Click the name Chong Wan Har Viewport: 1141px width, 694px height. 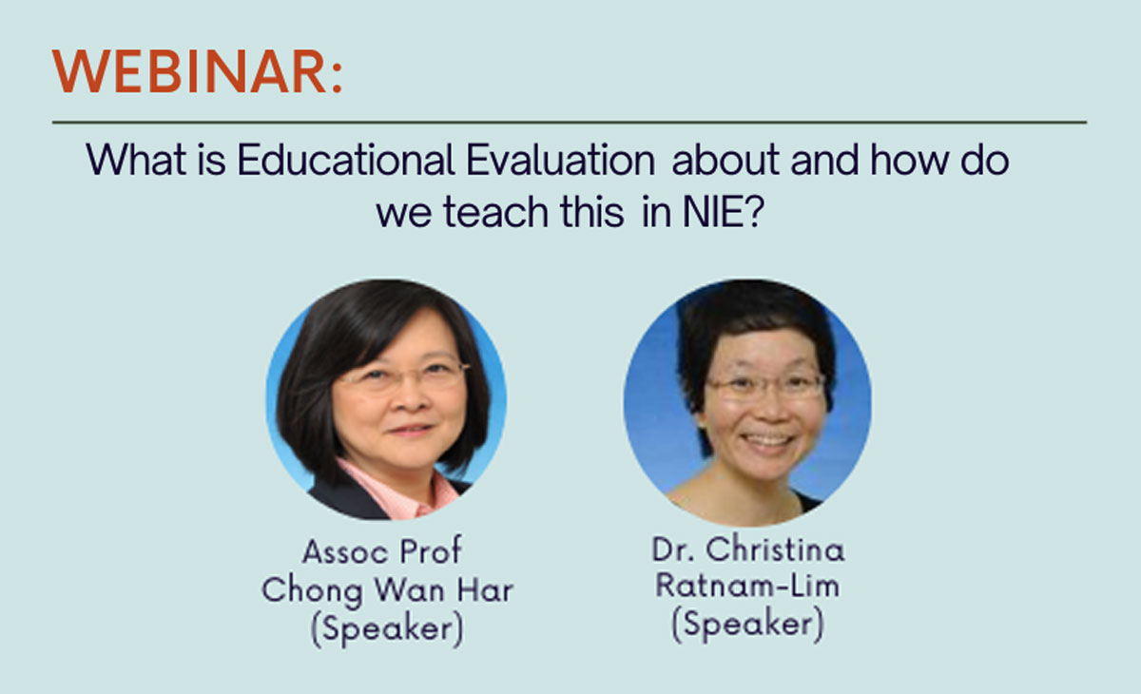(387, 590)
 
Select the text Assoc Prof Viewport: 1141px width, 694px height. (382, 551)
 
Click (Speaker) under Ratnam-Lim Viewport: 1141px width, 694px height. (746, 624)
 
